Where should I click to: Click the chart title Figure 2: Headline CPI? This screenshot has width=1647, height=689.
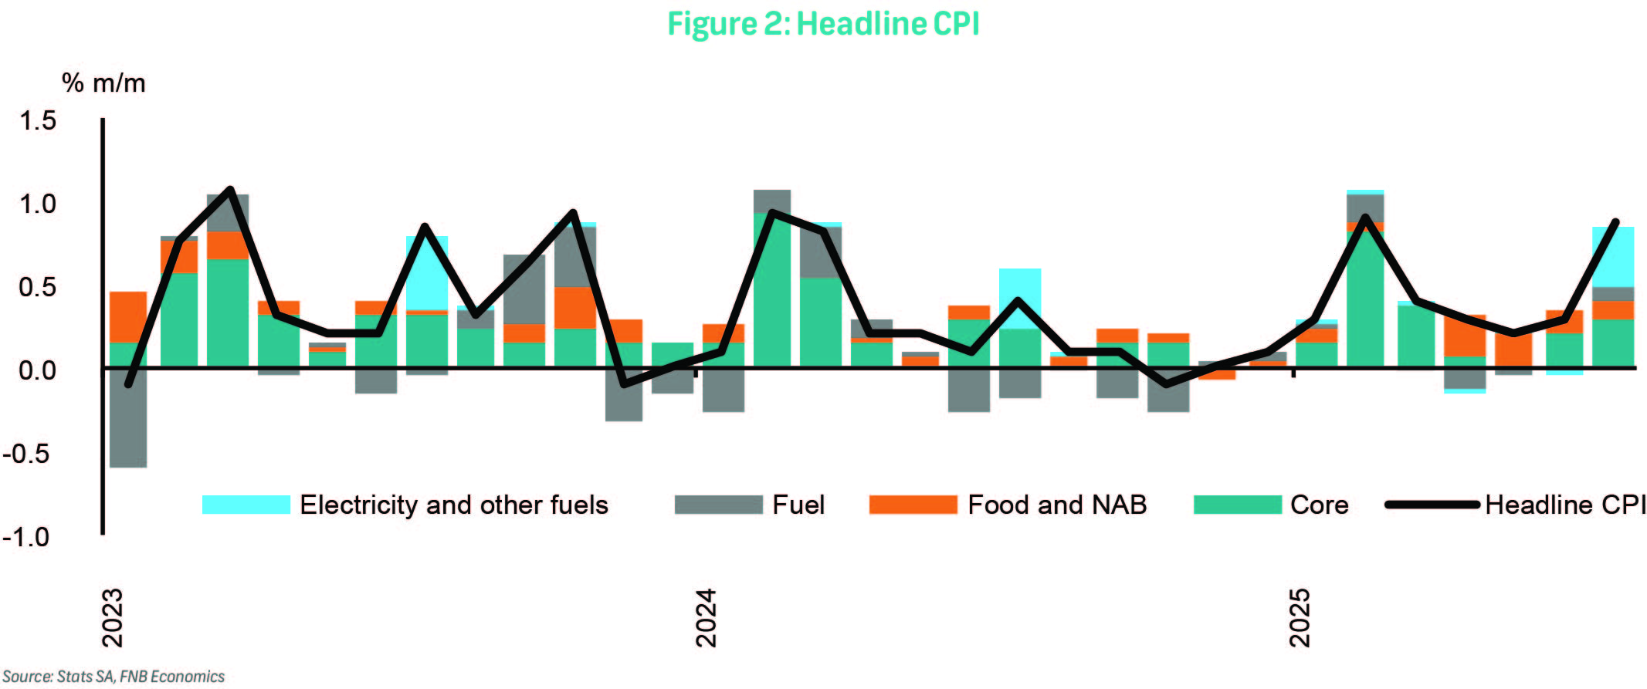[x=823, y=24]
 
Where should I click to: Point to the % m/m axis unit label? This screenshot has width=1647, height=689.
[x=103, y=83]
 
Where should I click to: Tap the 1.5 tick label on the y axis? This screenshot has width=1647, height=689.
[x=38, y=120]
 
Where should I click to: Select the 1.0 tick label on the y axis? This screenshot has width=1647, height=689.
[x=38, y=204]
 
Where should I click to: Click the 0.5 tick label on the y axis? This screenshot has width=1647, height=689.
[x=38, y=287]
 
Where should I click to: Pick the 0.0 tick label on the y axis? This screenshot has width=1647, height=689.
[x=38, y=370]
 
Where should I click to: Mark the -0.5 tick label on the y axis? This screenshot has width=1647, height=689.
[x=26, y=454]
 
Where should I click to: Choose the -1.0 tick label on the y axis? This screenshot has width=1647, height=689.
[x=26, y=537]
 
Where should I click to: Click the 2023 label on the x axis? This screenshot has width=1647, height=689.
[x=113, y=617]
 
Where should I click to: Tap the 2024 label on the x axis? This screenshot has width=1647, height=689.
[x=706, y=617]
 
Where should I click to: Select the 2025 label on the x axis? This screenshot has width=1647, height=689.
[x=1300, y=617]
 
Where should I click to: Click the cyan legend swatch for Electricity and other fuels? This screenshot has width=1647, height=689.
[x=246, y=505]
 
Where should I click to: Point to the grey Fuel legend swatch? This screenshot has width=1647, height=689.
[x=718, y=505]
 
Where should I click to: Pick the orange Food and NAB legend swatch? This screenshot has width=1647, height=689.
[x=913, y=505]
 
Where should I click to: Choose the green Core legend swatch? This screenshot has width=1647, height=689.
[x=1237, y=505]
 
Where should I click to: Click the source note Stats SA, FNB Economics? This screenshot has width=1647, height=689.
[x=114, y=677]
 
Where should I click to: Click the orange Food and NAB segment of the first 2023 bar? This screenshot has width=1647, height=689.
[x=128, y=316]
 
